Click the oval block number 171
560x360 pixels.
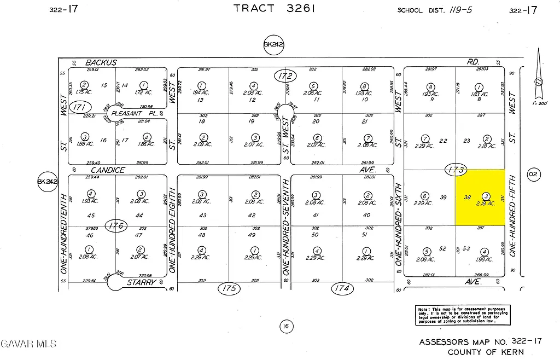(x=80, y=107)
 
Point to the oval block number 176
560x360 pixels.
(x=117, y=225)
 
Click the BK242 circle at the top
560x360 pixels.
(x=273, y=45)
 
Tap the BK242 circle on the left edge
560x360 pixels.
(x=47, y=182)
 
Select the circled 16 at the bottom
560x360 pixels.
(x=285, y=327)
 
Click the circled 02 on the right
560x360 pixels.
(x=533, y=175)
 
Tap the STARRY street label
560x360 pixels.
(x=142, y=282)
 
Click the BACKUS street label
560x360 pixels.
(x=101, y=62)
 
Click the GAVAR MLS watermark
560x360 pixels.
(x=28, y=344)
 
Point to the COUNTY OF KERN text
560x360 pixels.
(x=486, y=352)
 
